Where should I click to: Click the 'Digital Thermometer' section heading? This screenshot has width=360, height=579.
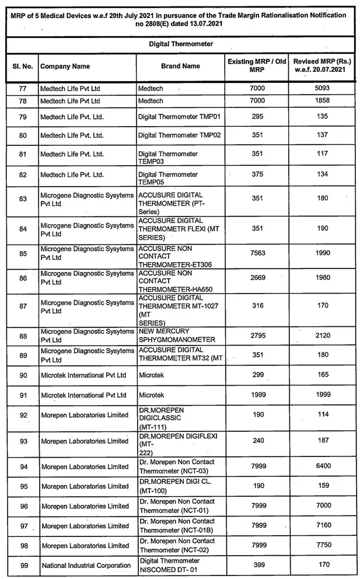click(181, 44)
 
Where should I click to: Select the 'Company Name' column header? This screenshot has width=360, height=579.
click(65, 67)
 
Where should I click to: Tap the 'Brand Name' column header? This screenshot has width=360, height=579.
click(180, 66)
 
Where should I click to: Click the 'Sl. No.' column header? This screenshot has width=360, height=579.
click(23, 67)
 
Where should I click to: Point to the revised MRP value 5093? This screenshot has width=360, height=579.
click(320, 88)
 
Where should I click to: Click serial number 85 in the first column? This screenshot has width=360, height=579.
click(23, 253)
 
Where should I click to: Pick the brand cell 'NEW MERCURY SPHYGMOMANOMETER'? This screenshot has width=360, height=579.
click(177, 336)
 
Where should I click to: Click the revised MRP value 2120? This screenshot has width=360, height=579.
click(320, 336)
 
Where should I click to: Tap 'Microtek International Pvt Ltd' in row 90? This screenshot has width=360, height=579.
click(83, 375)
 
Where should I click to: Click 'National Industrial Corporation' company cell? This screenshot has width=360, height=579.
click(86, 566)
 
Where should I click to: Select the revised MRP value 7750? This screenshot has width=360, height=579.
click(320, 545)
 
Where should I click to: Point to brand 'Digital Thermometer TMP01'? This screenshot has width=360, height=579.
click(179, 117)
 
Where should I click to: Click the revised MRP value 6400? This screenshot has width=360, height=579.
click(320, 466)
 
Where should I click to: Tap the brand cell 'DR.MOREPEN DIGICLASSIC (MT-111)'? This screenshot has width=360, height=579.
click(161, 418)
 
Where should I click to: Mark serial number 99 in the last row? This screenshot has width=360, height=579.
click(23, 565)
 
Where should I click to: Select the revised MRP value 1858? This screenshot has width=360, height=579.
click(320, 100)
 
